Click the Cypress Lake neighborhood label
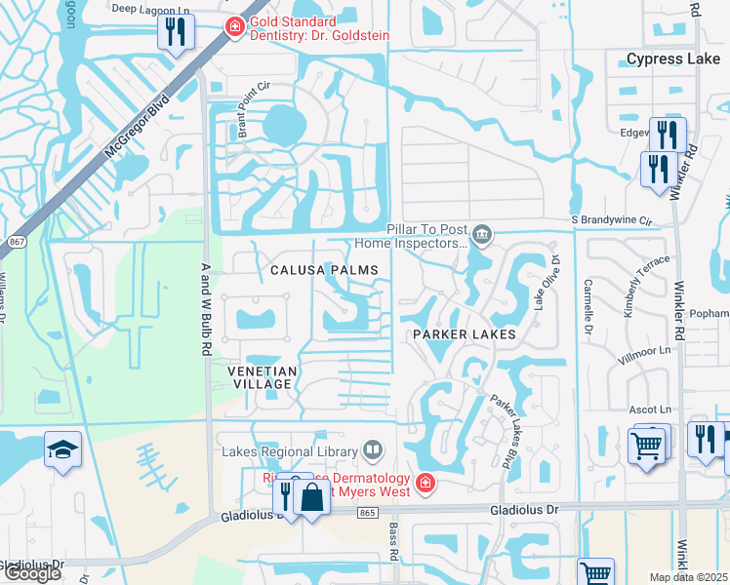[672, 58]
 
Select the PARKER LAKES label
[463, 334]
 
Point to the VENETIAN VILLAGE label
[260, 378]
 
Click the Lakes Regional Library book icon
[371, 449]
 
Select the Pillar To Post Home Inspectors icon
[481, 234]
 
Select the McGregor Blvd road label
[136, 127]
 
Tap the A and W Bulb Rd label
[205, 293]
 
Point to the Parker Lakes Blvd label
[509, 429]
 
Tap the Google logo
[32, 573]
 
